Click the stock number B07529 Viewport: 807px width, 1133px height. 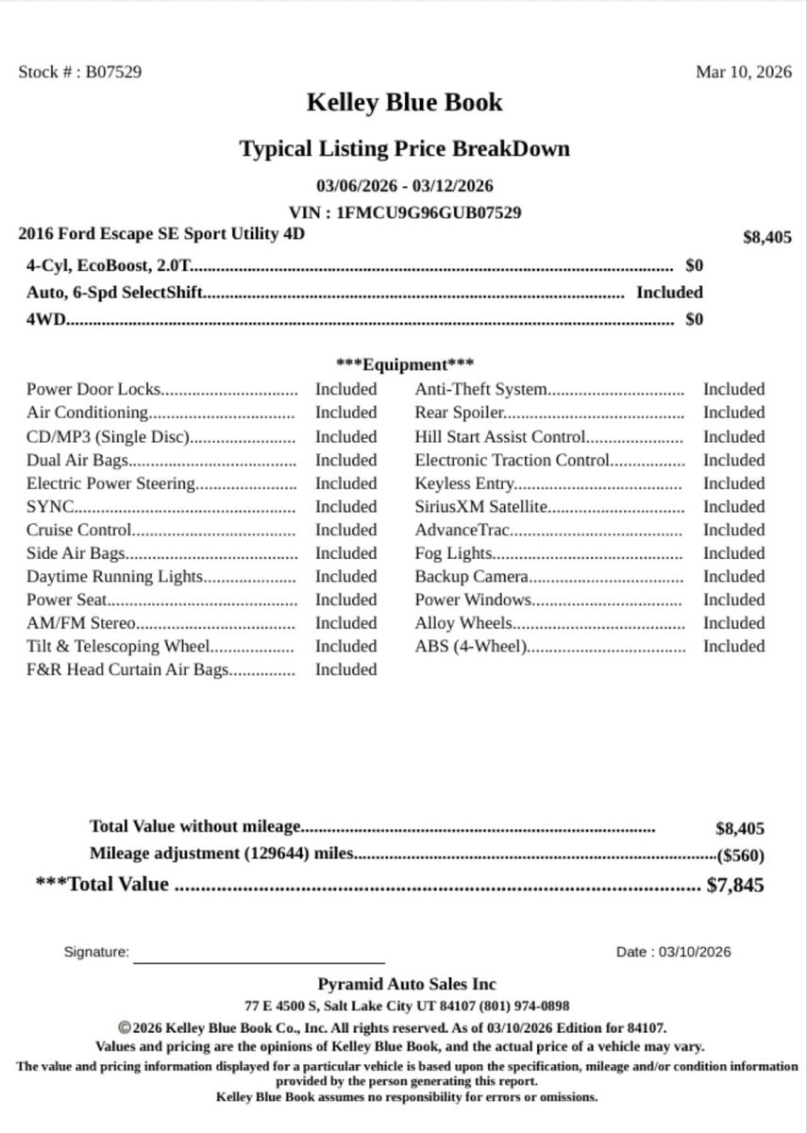click(114, 72)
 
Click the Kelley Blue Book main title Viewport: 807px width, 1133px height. click(404, 103)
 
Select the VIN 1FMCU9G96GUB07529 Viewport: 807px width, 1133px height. click(429, 212)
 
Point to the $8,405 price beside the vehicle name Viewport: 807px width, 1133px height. click(767, 238)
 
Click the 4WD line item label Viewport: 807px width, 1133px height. click(46, 319)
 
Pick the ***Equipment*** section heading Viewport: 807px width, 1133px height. click(405, 364)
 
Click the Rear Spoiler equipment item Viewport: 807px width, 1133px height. click(460, 413)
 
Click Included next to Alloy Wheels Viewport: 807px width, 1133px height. click(733, 623)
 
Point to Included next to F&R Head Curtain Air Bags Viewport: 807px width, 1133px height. click(345, 669)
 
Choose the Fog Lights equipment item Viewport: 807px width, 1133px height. click(454, 553)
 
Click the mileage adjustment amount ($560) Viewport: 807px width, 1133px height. click(741, 855)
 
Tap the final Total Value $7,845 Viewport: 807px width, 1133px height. click(735, 886)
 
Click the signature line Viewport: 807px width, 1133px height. click(259, 960)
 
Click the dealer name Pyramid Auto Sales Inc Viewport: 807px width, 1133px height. click(406, 985)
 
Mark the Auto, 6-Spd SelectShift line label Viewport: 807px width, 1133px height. click(114, 293)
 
